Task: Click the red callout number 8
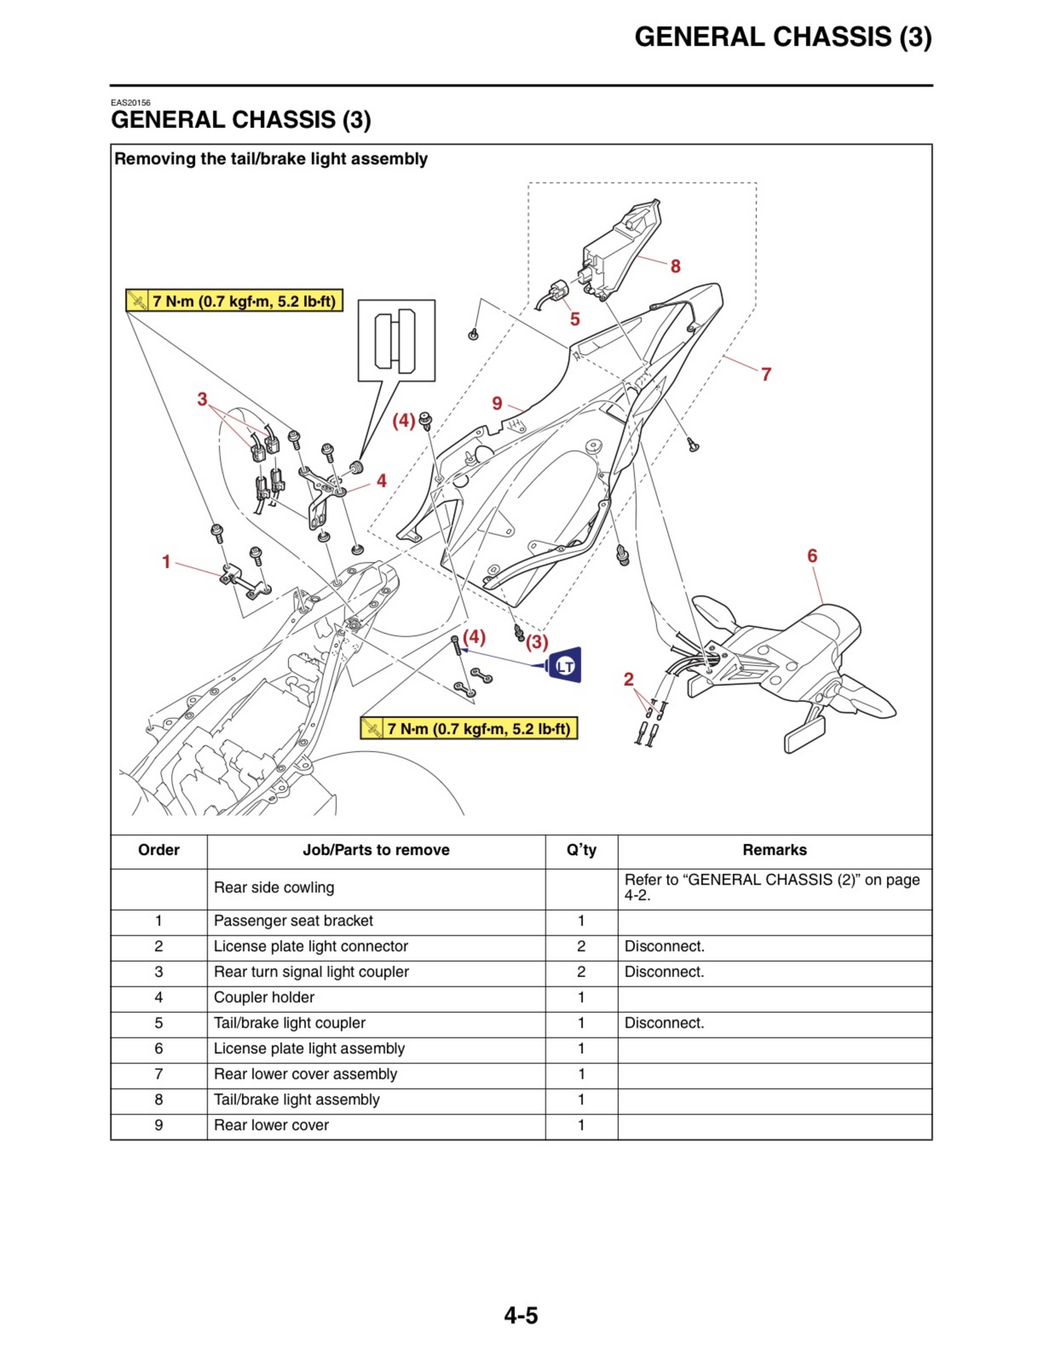pos(675,266)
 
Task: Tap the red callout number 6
pos(812,556)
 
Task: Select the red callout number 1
pos(166,561)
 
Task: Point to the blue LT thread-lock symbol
pos(564,665)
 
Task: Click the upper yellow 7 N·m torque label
pos(234,301)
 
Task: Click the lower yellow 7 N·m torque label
pos(468,728)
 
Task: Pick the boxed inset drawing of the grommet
pos(396,340)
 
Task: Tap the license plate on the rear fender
pos(805,732)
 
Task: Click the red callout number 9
pos(497,403)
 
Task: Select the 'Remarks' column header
pos(774,850)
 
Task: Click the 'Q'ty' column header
pos(581,850)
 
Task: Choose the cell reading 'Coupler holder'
pos(264,997)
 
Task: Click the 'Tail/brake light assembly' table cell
pos(297,1100)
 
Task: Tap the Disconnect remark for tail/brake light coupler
pos(664,1023)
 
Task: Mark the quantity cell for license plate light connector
pos(581,946)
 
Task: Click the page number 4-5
pos(520,1315)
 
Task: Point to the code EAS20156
pos(131,103)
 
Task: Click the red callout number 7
pos(766,374)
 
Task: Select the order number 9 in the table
pos(159,1125)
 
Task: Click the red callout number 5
pos(575,319)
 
